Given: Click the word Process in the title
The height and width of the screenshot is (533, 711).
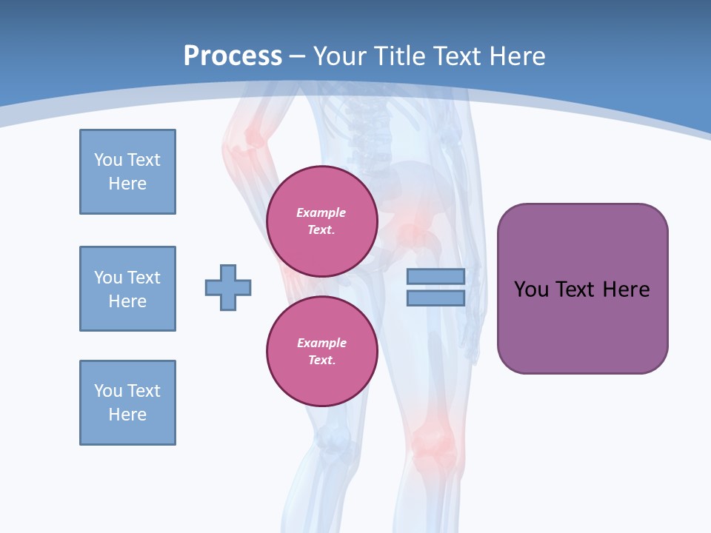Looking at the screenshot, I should point(233,56).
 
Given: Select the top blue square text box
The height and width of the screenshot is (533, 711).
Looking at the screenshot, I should point(127,172).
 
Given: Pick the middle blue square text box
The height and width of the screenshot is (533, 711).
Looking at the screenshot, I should point(127,289).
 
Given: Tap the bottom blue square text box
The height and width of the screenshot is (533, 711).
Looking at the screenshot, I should point(127,403).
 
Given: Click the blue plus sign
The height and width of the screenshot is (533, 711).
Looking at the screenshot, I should point(228,287).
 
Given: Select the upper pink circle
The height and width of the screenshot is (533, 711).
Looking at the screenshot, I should point(322,221).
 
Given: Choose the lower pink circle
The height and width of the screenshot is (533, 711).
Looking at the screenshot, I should point(322,352).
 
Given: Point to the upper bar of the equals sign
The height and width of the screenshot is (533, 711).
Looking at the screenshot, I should point(435,276).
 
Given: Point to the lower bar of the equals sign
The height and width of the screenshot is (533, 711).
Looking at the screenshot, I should point(435,298).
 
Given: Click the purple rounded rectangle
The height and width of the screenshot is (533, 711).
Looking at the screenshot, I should point(582,326).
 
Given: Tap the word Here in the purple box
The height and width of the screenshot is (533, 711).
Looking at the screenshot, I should point(626,289).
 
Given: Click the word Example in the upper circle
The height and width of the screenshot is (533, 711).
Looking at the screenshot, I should point(321,212).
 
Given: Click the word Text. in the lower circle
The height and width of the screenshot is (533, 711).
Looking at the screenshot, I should point(321,361).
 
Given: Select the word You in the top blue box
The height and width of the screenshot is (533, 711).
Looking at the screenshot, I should point(108,160).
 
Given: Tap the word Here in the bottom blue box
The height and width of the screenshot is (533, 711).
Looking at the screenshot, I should point(127,415).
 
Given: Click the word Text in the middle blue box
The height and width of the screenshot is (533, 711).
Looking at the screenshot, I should point(144,278).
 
